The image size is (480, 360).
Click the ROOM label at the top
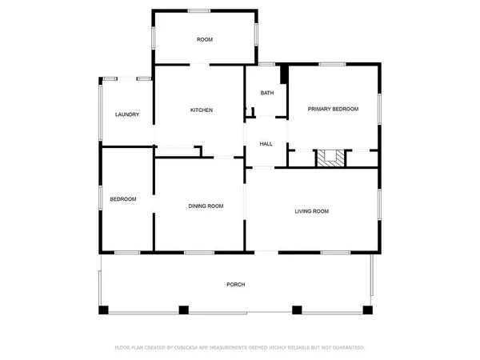coord(205,39)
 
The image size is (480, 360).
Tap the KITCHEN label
coord(202,110)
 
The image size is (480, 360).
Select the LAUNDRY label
coord(127,114)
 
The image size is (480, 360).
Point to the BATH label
coord(267,93)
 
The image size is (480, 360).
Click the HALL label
coord(266,144)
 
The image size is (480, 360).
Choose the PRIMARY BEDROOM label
coord(333,109)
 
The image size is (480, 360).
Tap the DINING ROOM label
coord(206,206)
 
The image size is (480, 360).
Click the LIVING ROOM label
coord(312,211)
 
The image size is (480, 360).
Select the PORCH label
coord(236,284)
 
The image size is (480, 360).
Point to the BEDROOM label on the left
coord(123,199)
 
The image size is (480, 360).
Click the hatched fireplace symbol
coord(330,158)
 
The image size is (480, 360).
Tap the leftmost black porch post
coord(103,310)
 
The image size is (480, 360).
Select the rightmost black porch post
coord(368,310)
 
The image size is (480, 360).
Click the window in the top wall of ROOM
coord(199,11)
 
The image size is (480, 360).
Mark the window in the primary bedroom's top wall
coord(332,64)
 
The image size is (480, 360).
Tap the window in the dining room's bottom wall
coord(199,253)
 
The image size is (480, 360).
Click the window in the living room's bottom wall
coord(335,253)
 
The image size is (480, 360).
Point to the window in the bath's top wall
coord(266,64)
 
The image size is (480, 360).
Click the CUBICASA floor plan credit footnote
coord(240,347)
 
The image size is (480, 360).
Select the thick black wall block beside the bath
coord(284,74)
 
